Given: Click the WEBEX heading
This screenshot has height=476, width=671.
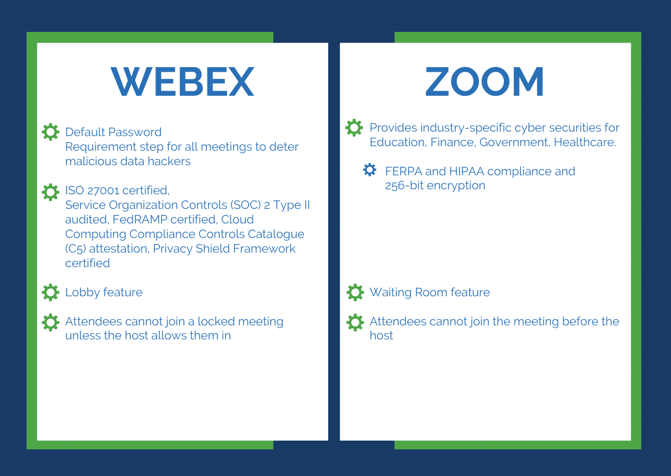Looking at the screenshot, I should point(182,82).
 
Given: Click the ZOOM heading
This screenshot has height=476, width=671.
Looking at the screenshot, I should point(484,82).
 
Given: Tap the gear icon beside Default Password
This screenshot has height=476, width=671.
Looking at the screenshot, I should point(50,132).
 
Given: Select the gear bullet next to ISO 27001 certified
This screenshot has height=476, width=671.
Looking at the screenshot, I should point(50,192).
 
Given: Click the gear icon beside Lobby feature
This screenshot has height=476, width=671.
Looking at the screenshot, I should point(50,292).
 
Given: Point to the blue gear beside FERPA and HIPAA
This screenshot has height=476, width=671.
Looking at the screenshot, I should point(370,170).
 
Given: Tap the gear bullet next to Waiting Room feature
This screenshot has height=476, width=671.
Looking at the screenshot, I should point(355,292).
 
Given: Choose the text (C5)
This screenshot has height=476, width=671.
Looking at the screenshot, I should point(77,249).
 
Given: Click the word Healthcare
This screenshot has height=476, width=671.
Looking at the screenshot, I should point(584,142).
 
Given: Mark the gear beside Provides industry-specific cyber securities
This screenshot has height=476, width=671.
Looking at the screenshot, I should point(354,128).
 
